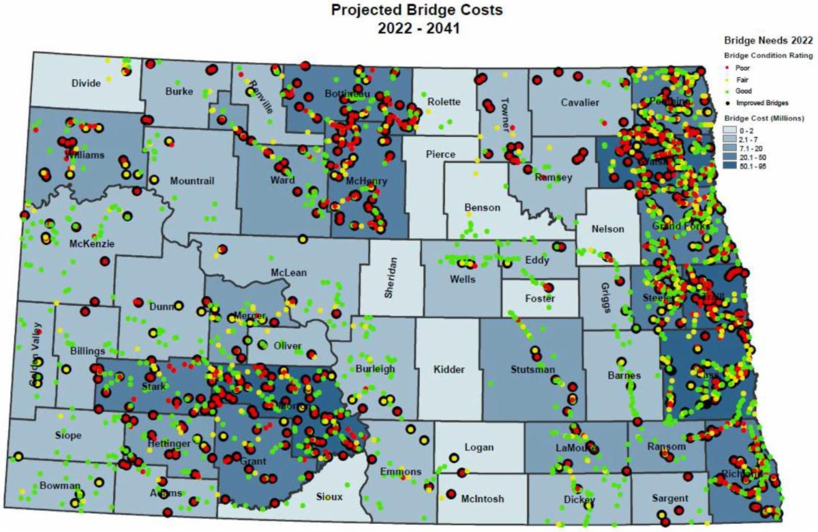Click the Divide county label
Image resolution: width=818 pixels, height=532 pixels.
coord(86,83)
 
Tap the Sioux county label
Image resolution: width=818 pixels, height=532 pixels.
coord(329,497)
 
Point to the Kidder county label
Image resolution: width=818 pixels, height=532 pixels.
coord(449,370)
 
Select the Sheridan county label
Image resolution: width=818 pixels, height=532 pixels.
coord(390,280)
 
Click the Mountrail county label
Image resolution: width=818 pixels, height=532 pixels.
coord(192,181)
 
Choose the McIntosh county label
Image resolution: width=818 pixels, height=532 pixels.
coord(482,499)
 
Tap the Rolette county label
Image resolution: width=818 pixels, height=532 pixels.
coord(444,102)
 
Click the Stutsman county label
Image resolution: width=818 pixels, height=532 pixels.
coord(532,370)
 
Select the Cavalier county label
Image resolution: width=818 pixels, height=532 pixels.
coord(579,102)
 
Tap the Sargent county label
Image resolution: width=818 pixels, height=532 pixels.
coord(669,499)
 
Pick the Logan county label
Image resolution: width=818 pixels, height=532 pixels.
coord(479,447)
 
